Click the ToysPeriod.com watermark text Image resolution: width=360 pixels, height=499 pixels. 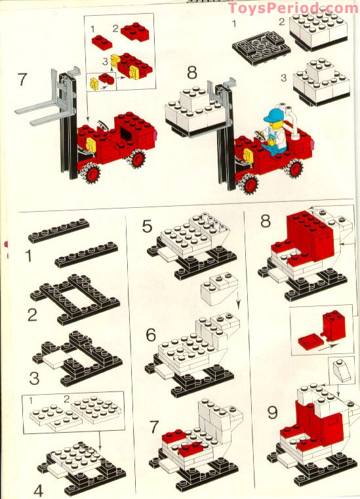point(292,8)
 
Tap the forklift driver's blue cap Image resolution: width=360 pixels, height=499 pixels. point(271,116)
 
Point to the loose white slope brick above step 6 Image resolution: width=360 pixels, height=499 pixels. point(219,288)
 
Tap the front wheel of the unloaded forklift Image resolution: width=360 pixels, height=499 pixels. point(92,172)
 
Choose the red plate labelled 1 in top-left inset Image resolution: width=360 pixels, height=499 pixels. point(102,42)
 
